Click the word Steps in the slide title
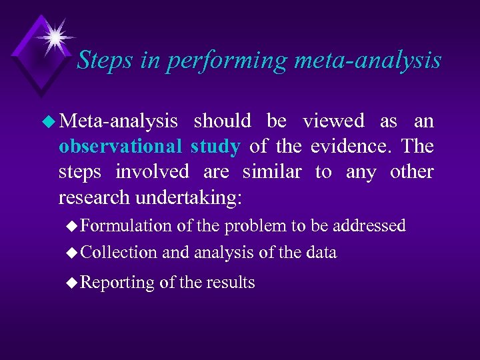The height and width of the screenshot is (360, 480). (101, 61)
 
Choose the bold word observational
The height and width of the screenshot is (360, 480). (119, 147)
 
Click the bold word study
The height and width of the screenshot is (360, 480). (215, 147)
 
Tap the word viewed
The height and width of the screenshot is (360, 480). (333, 121)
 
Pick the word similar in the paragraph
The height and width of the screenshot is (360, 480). (271, 172)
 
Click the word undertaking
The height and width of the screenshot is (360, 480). (207, 197)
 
